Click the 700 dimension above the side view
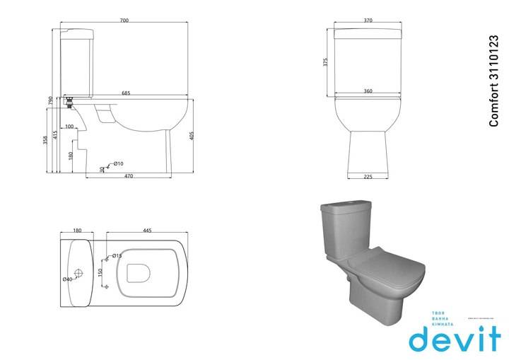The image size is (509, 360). (x=124, y=21)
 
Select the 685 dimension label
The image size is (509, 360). (x=125, y=93)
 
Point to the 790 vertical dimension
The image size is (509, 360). (x=50, y=101)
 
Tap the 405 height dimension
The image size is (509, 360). (x=191, y=136)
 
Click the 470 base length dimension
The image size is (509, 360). (x=129, y=176)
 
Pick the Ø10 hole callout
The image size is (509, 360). (x=117, y=163)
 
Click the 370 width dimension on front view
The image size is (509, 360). (x=368, y=21)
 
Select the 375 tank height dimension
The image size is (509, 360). (x=326, y=62)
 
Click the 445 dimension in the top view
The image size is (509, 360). (x=147, y=231)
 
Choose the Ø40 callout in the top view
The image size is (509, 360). (x=68, y=279)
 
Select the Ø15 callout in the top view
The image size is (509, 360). (x=117, y=255)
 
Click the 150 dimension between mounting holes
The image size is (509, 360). (x=100, y=272)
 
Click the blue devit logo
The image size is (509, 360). (x=455, y=337)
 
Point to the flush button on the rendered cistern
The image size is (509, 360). (x=351, y=204)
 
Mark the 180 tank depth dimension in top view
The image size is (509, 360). (x=78, y=231)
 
